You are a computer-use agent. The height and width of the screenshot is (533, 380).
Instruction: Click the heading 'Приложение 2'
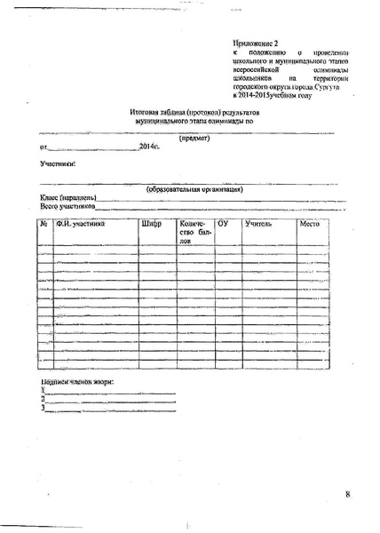tap(255, 42)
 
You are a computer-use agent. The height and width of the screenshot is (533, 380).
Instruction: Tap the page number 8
tap(349, 494)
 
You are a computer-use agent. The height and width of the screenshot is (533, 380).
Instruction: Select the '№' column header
tap(44, 224)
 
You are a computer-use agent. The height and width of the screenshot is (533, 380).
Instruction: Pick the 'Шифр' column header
tap(151, 224)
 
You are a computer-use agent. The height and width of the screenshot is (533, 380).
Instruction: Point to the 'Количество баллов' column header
tap(194, 233)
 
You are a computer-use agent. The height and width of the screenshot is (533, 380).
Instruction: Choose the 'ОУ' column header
tap(223, 224)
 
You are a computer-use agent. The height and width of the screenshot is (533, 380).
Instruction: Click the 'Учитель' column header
tap(259, 224)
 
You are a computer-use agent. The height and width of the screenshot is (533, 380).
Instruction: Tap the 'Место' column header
tap(309, 224)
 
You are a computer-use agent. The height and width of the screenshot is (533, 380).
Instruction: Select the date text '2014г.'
tap(150, 146)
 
